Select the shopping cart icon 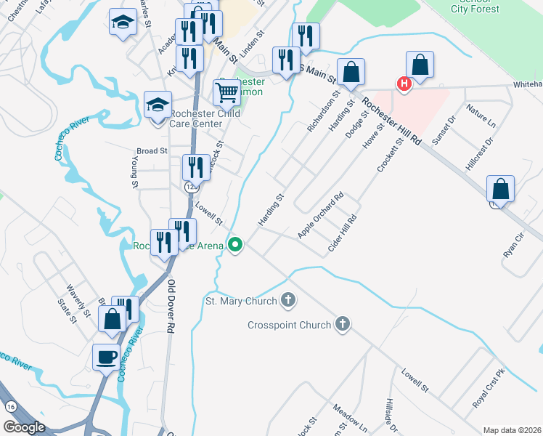pyautogui.click(x=226, y=92)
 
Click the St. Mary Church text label pyautogui.click(x=241, y=301)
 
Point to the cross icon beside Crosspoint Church pyautogui.click(x=343, y=325)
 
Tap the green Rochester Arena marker pyautogui.click(x=234, y=245)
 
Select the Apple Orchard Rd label pyautogui.click(x=320, y=216)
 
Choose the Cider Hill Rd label pyautogui.click(x=343, y=233)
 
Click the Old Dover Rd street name pyautogui.click(x=171, y=306)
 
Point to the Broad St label pyautogui.click(x=152, y=151)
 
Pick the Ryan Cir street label pyautogui.click(x=513, y=245)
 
